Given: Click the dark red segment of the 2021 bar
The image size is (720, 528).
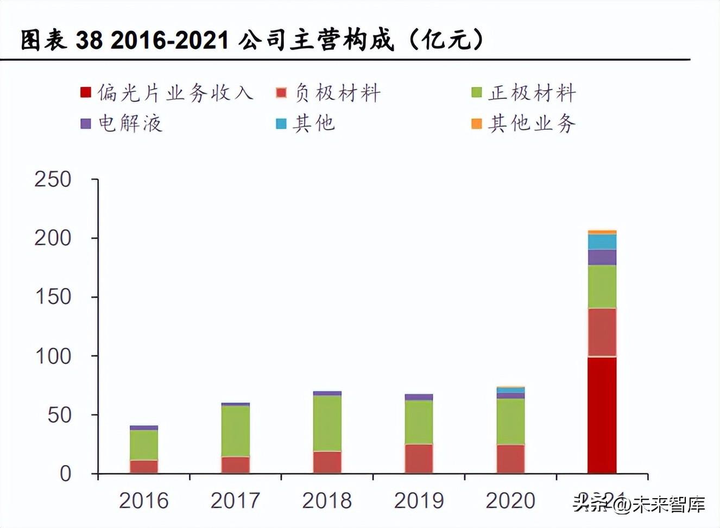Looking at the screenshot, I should point(602,415).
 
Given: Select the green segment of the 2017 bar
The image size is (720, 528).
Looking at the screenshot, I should point(235,431).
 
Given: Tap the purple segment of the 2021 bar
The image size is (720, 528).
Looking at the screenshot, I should point(602,257).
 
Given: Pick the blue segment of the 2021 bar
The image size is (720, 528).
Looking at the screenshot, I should point(602,242).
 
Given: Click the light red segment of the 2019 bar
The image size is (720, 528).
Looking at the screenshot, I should point(419,459).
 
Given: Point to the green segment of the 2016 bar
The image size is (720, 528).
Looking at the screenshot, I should point(144,445).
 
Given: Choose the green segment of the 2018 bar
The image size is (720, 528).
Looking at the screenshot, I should point(327,423).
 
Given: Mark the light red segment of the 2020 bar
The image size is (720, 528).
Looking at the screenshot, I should point(510,459).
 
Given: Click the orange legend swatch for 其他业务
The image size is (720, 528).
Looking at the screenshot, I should point(477,124).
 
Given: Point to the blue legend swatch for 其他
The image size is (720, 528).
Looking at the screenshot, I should point(281,124).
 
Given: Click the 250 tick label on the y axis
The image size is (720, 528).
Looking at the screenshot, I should point(53,179).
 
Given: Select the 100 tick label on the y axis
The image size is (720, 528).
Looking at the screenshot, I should point(53,356).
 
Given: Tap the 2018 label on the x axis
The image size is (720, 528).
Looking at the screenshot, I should point(327,500).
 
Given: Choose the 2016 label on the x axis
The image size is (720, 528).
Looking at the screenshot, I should point(144,500).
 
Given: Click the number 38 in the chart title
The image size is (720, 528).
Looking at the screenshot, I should point(89,40).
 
